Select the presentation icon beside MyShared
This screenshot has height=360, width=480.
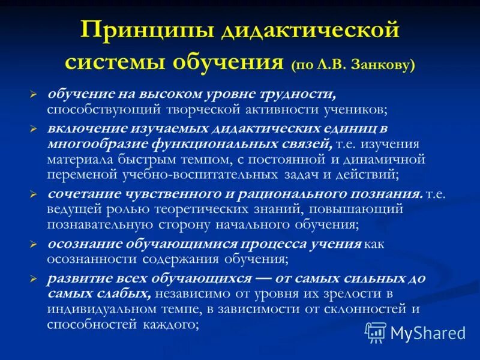pyautogui.click(x=376, y=332)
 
